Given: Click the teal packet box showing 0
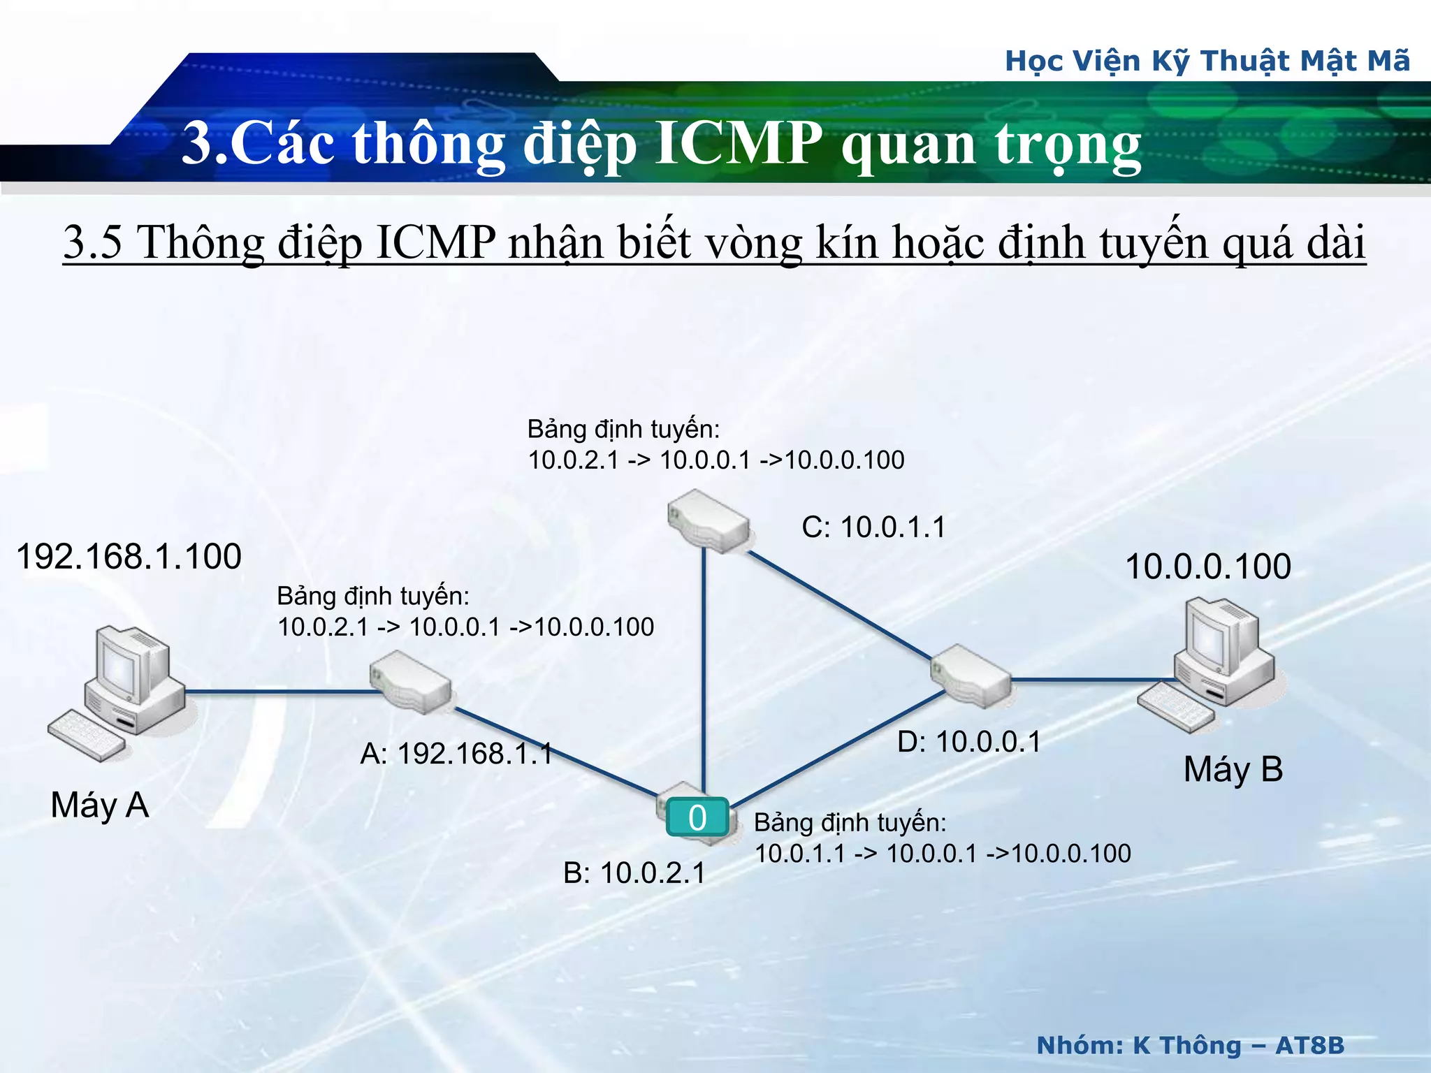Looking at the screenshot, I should click(697, 817).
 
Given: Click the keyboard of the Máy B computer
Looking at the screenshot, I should click(1177, 707).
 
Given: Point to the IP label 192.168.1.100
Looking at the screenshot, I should click(129, 557).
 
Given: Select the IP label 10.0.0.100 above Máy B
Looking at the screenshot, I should click(1207, 567).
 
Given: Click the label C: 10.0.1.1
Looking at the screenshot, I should click(873, 527).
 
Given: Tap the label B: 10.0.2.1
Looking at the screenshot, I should click(634, 873).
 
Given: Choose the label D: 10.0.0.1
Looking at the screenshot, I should click(968, 742).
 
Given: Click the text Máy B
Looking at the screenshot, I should click(1233, 770).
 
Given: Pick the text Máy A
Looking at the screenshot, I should click(100, 805).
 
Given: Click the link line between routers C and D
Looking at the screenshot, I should click(838, 605).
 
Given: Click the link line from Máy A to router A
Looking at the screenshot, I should click(279, 692).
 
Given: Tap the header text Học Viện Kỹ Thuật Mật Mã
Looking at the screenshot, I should click(1207, 61).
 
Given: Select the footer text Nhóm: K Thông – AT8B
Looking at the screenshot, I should click(1190, 1046).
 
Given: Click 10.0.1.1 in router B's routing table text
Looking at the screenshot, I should click(800, 854).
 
